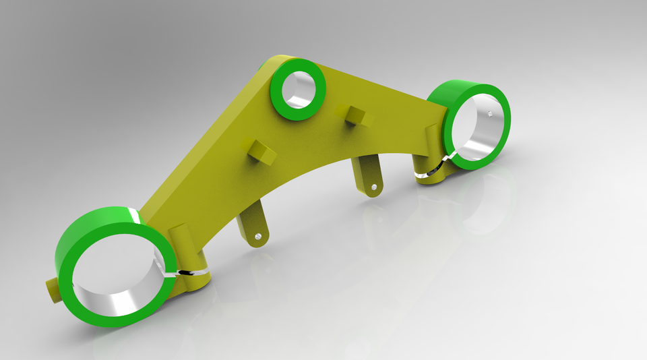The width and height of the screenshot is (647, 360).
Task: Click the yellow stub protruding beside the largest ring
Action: pos(51,290)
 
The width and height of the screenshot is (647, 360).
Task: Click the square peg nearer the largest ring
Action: pos(260,151)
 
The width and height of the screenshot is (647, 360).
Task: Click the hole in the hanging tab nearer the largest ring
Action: pos(259,236)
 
